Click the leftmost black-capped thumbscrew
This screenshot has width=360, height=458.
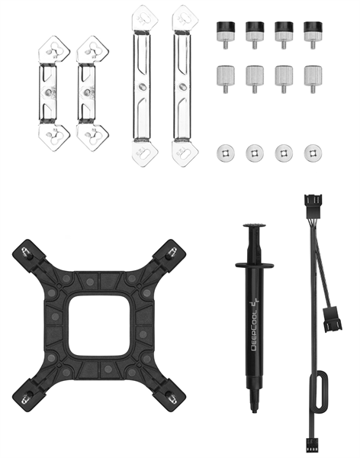pyautogui.click(x=226, y=34)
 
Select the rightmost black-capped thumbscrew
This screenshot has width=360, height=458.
pyautogui.click(x=313, y=34)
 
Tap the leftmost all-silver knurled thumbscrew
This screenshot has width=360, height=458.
pyautogui.click(x=226, y=79)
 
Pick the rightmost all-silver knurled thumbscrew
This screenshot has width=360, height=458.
pyautogui.click(x=313, y=79)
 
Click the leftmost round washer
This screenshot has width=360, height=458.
pyautogui.click(x=226, y=153)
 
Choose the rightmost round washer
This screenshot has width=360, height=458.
pyautogui.click(x=313, y=153)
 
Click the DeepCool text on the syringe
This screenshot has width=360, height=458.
pyautogui.click(x=254, y=324)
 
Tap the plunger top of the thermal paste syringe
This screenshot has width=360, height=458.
pyautogui.click(x=254, y=225)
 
